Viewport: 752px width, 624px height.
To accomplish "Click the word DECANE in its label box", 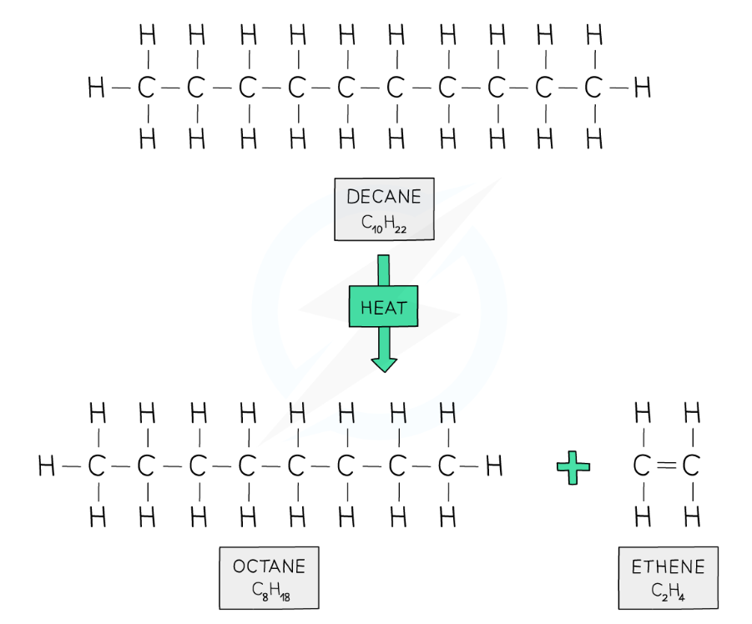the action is point(384,197).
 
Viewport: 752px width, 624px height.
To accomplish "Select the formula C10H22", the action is point(384,224).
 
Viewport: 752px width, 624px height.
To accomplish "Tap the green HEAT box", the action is point(384,307).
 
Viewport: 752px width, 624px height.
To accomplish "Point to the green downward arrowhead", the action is point(384,365).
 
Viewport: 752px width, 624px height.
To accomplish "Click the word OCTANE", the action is point(269,566).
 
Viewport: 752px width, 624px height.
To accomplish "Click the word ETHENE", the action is point(668,567).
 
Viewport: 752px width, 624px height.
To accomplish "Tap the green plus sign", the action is point(573,467).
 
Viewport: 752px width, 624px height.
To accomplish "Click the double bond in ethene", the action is point(666,465).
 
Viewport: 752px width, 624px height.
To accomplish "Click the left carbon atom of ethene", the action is point(641,465).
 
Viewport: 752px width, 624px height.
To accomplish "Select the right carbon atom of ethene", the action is point(690,465).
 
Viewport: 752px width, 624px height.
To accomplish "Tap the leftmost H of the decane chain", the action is point(96,88).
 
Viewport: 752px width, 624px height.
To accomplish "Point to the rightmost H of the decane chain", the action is point(643,88).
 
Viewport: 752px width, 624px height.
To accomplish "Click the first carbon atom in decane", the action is point(146,88).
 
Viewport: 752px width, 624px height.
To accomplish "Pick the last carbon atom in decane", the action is point(593,88).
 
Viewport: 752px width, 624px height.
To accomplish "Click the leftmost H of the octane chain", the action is point(46,465).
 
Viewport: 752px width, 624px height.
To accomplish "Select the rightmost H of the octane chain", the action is point(494,465).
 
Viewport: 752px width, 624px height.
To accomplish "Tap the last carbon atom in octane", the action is point(447,465).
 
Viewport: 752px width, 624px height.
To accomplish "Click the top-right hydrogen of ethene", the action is point(692,413).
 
